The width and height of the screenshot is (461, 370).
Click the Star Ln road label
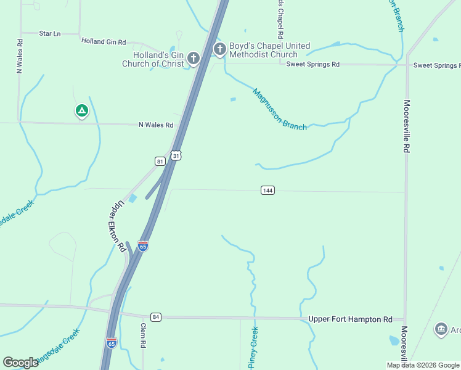click(x=50, y=33)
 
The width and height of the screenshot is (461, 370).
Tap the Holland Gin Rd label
click(x=104, y=42)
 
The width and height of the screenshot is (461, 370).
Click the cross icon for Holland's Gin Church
click(x=194, y=59)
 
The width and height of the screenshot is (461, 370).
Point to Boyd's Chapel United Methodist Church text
click(x=269, y=51)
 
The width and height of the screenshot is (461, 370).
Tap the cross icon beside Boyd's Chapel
click(x=219, y=49)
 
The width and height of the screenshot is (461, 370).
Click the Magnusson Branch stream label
click(x=279, y=109)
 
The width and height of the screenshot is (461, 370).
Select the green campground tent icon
click(x=81, y=111)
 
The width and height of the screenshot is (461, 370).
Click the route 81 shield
click(x=160, y=161)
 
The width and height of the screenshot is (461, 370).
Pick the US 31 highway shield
click(x=176, y=155)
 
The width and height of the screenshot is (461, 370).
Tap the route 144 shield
click(x=267, y=190)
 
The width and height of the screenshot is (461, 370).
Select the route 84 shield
click(x=155, y=317)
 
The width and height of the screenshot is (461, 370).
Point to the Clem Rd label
click(x=142, y=336)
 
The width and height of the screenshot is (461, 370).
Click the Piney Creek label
click(x=253, y=348)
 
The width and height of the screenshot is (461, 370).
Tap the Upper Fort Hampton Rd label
click(x=350, y=319)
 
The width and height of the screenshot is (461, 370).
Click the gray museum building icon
click(x=441, y=329)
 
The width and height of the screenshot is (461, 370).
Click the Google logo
click(x=20, y=363)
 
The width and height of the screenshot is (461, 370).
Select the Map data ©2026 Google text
click(x=422, y=365)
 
